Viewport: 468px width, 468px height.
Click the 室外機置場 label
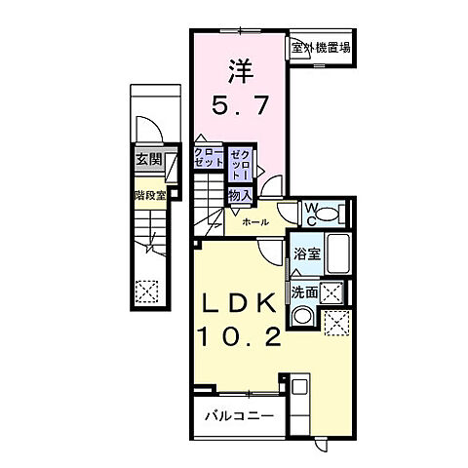pyautogui.click(x=320, y=46)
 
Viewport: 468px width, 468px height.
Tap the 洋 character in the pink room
pyautogui.click(x=240, y=70)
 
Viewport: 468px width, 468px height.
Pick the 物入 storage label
pyautogui.click(x=240, y=195)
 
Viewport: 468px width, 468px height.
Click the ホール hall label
pyautogui.click(x=255, y=222)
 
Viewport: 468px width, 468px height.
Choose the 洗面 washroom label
pyautogui.click(x=303, y=292)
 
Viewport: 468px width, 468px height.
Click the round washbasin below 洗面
pyautogui.click(x=303, y=315)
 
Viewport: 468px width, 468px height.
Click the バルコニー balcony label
pyautogui.click(x=239, y=417)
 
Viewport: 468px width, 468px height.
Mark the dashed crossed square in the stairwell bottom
pyautogui.click(x=146, y=290)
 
